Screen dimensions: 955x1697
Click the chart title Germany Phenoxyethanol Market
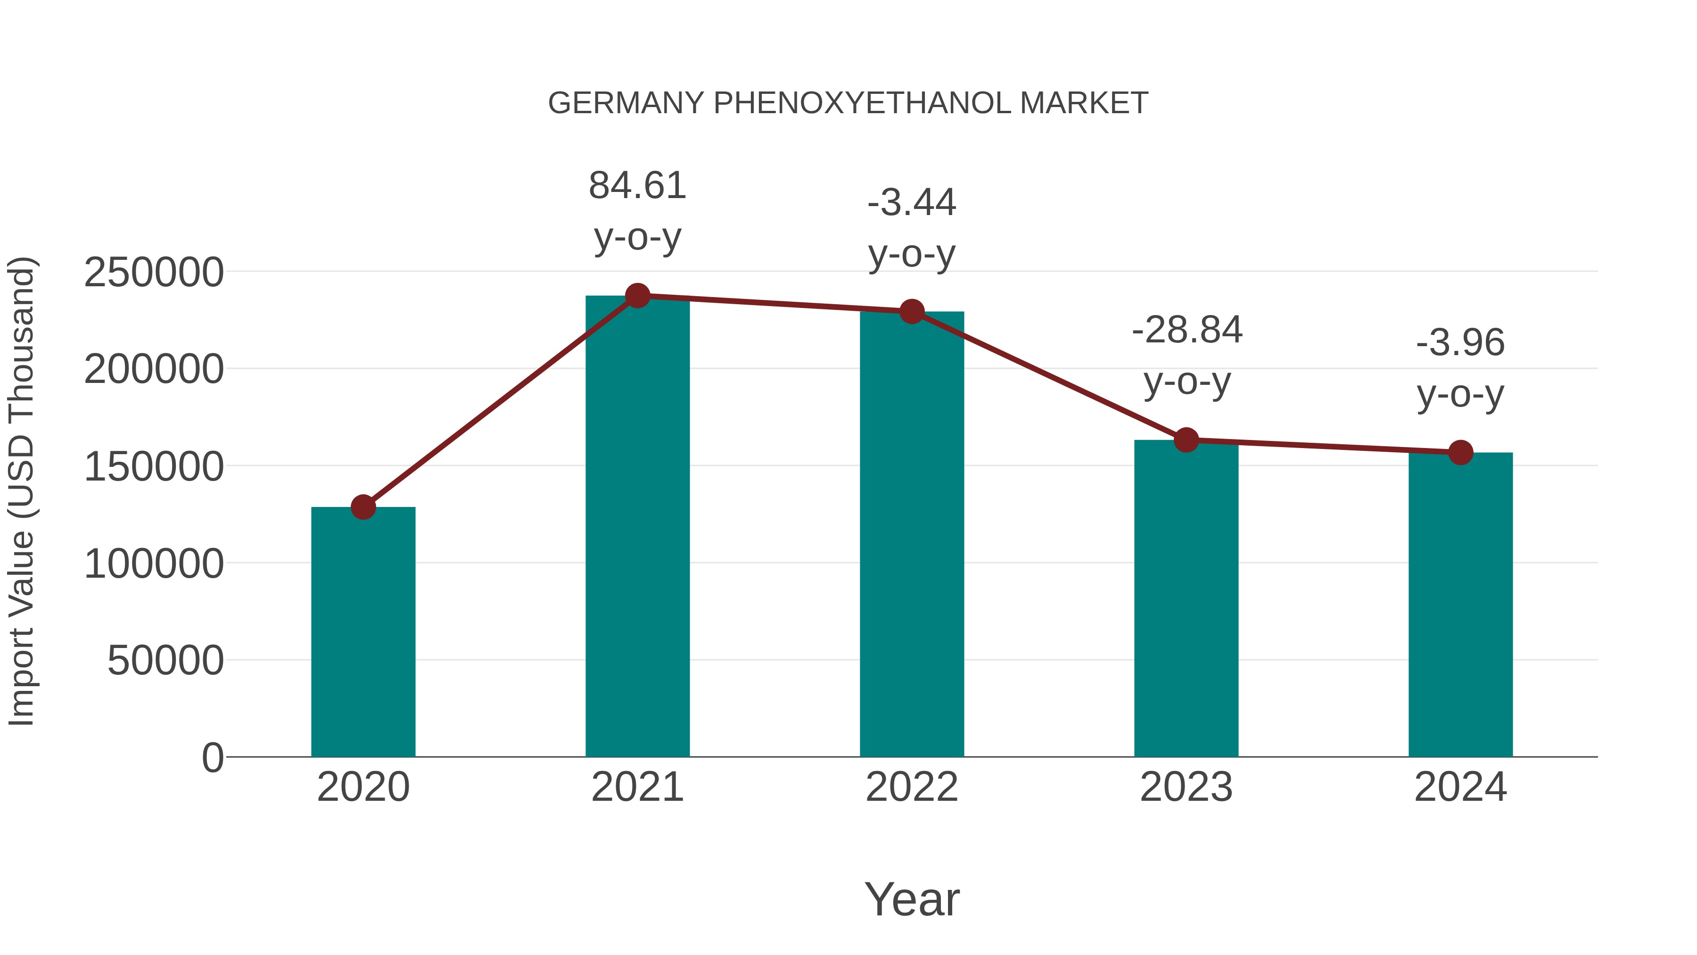(x=848, y=103)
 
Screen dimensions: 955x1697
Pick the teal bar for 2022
(x=912, y=534)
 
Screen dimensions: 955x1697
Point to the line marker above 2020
(x=363, y=507)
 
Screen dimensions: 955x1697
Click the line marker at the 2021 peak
(x=637, y=296)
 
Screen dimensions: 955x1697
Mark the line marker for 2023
(x=1186, y=440)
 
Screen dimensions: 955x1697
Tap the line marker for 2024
(x=1460, y=453)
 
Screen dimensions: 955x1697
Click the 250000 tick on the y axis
(x=154, y=272)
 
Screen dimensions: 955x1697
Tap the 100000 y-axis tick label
(x=154, y=564)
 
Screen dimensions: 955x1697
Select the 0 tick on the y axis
(x=212, y=758)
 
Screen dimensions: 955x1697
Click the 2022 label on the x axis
(x=912, y=787)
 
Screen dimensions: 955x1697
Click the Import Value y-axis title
(x=21, y=491)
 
